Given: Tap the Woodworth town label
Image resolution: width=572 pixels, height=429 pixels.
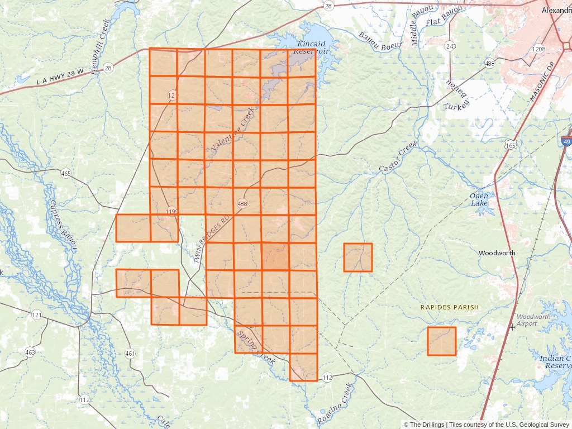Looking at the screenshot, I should [x=497, y=253].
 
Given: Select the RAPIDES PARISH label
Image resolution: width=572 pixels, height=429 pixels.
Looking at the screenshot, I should [x=450, y=307].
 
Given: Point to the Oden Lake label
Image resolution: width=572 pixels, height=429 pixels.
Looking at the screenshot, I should [x=479, y=199].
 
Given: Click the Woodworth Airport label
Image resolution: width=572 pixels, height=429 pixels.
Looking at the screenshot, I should [x=533, y=320].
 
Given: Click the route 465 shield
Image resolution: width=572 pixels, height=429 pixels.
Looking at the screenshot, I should [x=66, y=174].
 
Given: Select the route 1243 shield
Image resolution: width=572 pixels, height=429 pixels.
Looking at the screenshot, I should [x=450, y=46].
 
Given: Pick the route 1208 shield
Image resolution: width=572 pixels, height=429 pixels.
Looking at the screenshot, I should [x=538, y=49].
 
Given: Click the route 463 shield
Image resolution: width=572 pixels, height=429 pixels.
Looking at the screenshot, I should [x=30, y=352].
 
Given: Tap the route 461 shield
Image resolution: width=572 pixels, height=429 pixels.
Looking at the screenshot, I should [x=130, y=353].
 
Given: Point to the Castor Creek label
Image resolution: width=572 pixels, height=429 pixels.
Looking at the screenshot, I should [x=398, y=158].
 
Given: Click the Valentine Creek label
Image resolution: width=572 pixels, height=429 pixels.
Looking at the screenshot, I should [x=232, y=131].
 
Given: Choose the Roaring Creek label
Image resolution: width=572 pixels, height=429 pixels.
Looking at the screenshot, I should [x=336, y=403].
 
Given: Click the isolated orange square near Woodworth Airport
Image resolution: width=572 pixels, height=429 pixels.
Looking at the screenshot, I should [x=442, y=341].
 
